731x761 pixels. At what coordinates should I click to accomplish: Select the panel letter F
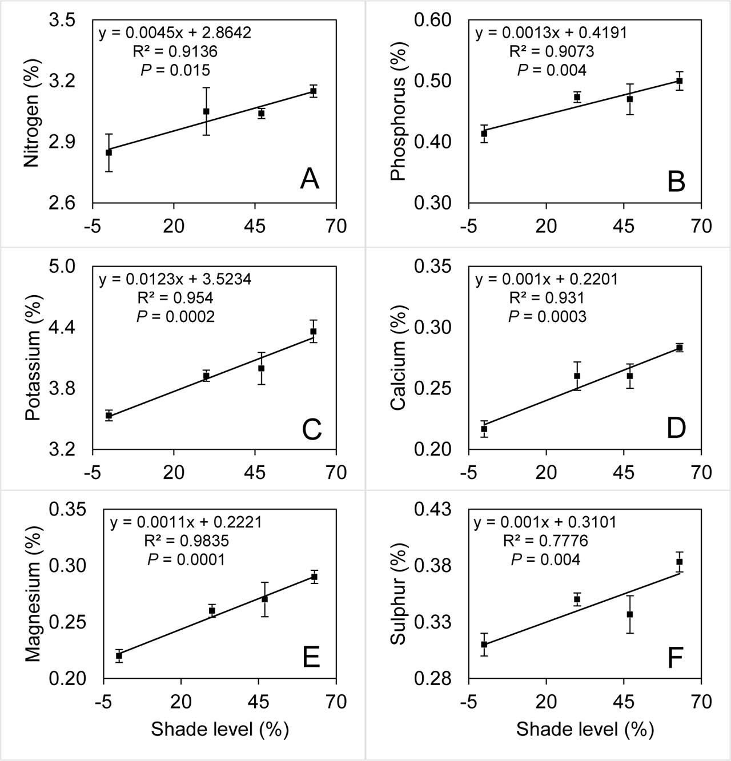675,657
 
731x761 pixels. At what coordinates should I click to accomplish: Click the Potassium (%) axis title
33,358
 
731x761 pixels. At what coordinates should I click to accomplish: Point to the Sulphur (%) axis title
397,594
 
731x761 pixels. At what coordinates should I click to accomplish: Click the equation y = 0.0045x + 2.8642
175,33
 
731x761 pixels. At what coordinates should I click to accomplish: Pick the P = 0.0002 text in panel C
175,316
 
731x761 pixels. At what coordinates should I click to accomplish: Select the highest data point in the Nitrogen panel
313,91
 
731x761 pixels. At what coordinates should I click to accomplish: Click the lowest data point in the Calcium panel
484,429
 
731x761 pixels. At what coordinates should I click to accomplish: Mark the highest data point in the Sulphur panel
680,562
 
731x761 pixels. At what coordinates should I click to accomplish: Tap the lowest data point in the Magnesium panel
119,655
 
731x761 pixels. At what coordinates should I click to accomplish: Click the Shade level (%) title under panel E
219,729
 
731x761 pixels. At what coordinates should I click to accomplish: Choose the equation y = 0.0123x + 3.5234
175,279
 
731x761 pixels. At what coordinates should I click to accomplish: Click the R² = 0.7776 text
545,540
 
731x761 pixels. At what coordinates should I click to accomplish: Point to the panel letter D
676,428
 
